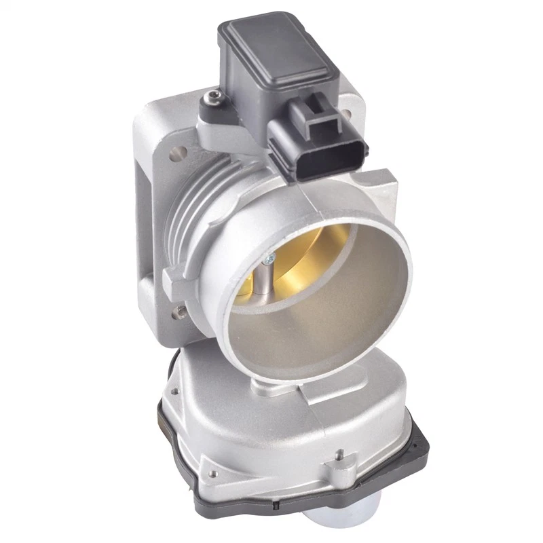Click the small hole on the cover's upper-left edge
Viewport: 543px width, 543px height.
174,390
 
